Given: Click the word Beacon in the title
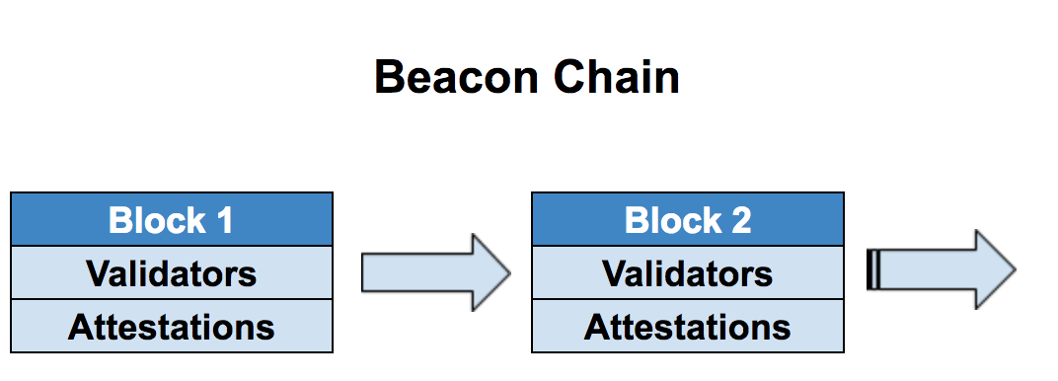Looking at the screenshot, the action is tap(457, 77).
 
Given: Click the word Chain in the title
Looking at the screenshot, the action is tap(617, 77).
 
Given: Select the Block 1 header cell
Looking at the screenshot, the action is tap(172, 219).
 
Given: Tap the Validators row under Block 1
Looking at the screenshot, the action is tap(172, 272).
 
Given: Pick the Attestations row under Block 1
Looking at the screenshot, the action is tap(172, 326).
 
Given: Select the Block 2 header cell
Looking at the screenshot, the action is tap(688, 219).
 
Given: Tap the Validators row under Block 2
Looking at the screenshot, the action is tap(688, 272).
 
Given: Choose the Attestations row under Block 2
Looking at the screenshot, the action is tap(688, 326).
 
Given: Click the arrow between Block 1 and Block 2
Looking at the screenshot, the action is tap(436, 272).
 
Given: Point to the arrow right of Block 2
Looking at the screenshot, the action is tap(941, 269).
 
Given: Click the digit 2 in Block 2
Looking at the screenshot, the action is tap(741, 220).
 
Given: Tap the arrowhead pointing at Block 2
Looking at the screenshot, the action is tap(491, 272).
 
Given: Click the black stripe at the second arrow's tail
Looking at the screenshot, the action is tap(872, 269).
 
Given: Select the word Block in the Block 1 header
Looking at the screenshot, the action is tap(157, 220).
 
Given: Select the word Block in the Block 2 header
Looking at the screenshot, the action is tap(673, 220).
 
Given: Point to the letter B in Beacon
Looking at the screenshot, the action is tap(389, 77).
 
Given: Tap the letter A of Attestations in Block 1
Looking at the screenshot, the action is tap(80, 327).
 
